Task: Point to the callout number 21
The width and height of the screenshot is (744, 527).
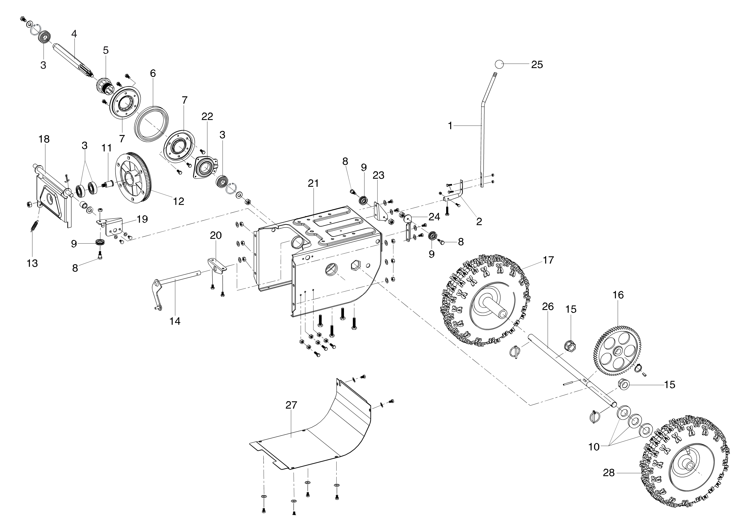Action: pyautogui.click(x=313, y=183)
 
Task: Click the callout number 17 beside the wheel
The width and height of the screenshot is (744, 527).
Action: pyautogui.click(x=548, y=260)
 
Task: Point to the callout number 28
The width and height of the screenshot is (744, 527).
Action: pyautogui.click(x=609, y=473)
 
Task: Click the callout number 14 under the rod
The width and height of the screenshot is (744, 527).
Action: pyautogui.click(x=175, y=321)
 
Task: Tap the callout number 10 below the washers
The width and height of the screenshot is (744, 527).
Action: pyautogui.click(x=594, y=447)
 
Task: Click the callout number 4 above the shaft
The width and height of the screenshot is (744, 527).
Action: pyautogui.click(x=74, y=33)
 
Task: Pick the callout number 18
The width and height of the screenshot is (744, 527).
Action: pyautogui.click(x=44, y=139)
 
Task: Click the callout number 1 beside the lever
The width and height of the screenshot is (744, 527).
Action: pyautogui.click(x=450, y=126)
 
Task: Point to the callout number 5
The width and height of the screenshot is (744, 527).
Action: pyautogui.click(x=106, y=50)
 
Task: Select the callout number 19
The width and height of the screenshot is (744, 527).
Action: pyautogui.click(x=142, y=219)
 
